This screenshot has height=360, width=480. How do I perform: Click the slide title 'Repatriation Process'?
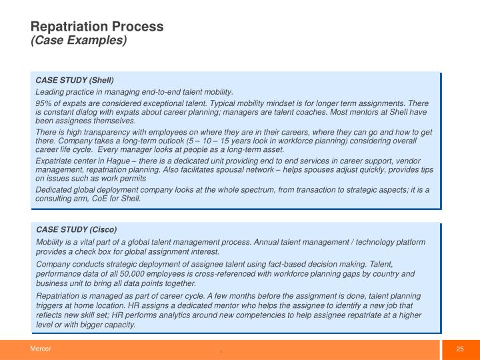pyautogui.click(x=97, y=27)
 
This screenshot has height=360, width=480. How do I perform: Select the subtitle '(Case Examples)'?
pyautogui.click(x=78, y=40)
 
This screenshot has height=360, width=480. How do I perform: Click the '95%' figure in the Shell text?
pyautogui.click(x=44, y=103)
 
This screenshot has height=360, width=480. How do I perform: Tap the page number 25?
pyautogui.click(x=459, y=349)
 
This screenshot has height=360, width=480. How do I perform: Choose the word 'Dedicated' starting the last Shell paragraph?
pyautogui.click(x=53, y=190)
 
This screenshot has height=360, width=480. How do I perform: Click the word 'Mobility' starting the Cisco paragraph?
pyautogui.click(x=51, y=241)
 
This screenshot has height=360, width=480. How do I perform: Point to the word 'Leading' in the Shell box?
pyautogui.click(x=49, y=91)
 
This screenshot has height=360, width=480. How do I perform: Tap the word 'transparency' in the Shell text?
pyautogui.click(x=105, y=133)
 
